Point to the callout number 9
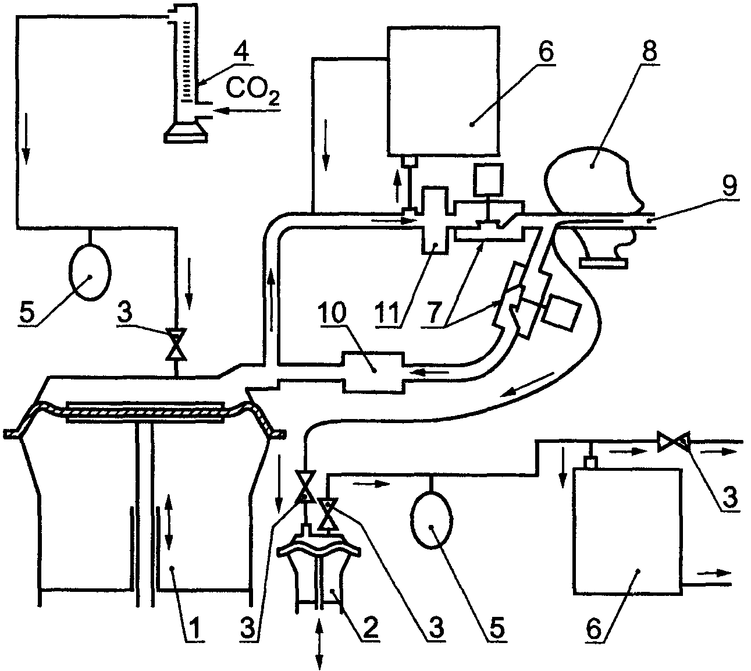pos(729,186)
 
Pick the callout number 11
pos(387,313)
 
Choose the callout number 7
pos(435,313)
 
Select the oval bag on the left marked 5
pos(90,272)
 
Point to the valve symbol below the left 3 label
pos(176,344)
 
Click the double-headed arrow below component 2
pos(319,645)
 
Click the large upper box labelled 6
pos(443,91)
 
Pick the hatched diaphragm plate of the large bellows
pos(145,411)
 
